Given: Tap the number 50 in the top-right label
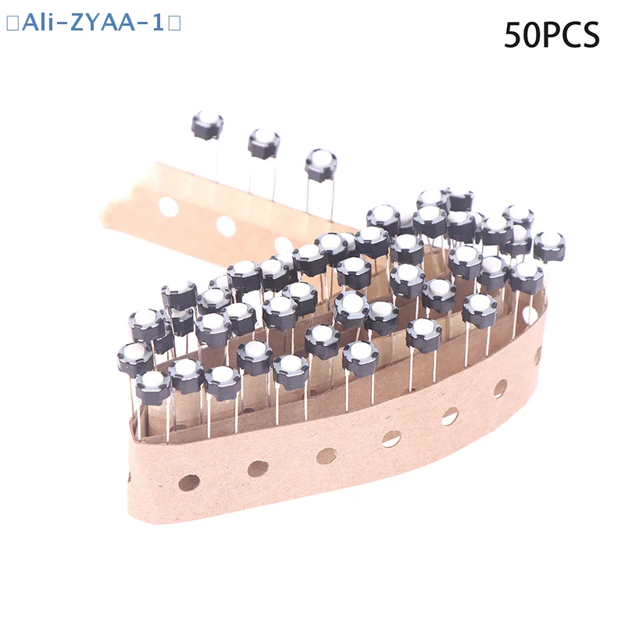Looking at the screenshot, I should click(522, 36).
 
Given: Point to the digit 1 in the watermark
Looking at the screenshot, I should click(158, 23).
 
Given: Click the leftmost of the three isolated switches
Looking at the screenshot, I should click(207, 125).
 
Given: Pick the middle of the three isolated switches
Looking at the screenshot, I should click(264, 144).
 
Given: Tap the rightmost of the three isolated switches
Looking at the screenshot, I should click(320, 165).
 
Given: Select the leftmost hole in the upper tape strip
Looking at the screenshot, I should click(168, 207).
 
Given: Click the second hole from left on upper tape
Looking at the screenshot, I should click(226, 227).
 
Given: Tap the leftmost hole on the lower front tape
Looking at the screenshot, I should click(188, 483).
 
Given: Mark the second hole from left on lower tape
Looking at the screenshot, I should click(258, 469).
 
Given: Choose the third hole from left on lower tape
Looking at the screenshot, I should click(327, 455).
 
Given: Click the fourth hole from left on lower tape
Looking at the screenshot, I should click(391, 438).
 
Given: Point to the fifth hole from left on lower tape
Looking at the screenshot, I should click(450, 416).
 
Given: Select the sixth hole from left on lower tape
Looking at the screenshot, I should click(500, 388).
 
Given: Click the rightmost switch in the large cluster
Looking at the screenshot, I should click(549, 245).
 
